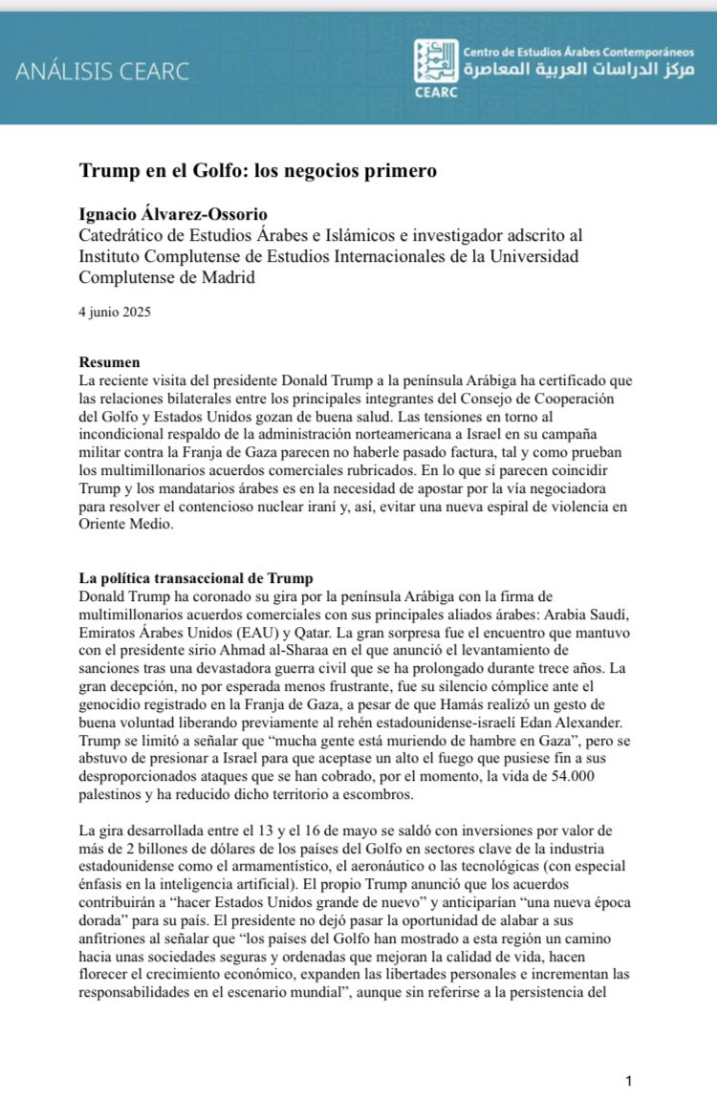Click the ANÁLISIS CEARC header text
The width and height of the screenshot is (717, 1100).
[101, 72]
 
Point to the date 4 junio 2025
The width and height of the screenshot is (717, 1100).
[116, 312]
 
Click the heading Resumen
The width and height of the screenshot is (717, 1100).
[110, 363]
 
